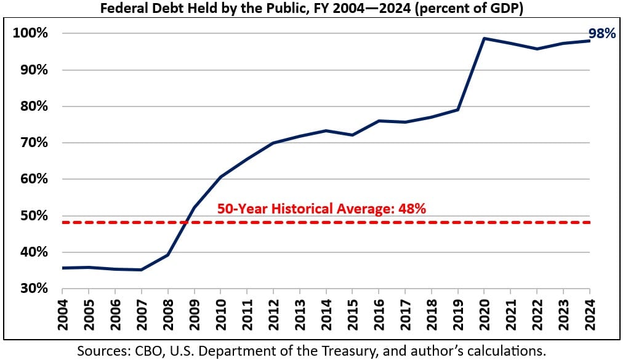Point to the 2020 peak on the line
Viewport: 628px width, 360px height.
point(485,38)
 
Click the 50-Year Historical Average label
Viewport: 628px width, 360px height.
point(321,209)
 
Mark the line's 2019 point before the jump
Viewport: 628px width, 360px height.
point(458,110)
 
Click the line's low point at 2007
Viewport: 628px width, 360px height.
point(142,270)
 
